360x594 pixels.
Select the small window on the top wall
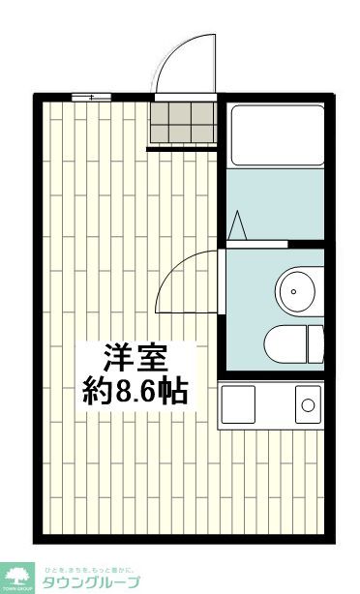(89, 97)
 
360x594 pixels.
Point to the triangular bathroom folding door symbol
(238, 223)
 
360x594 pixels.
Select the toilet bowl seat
(284, 342)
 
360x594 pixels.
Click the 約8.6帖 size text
(135, 392)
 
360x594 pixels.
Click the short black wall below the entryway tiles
(182, 148)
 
